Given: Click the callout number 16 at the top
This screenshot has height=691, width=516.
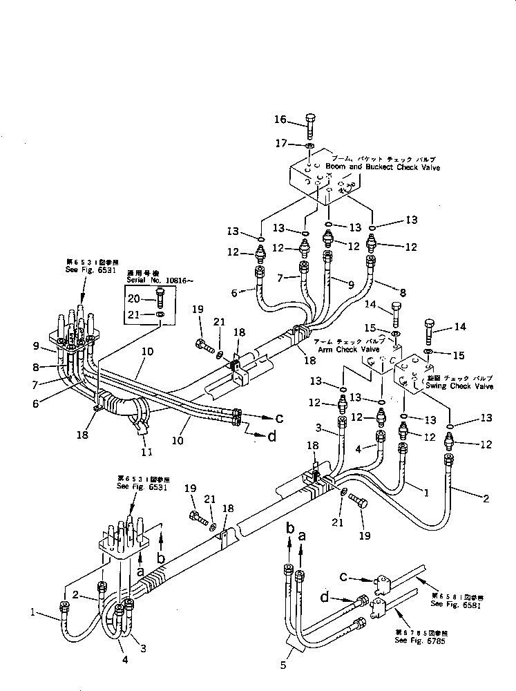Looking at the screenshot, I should [279, 120].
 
